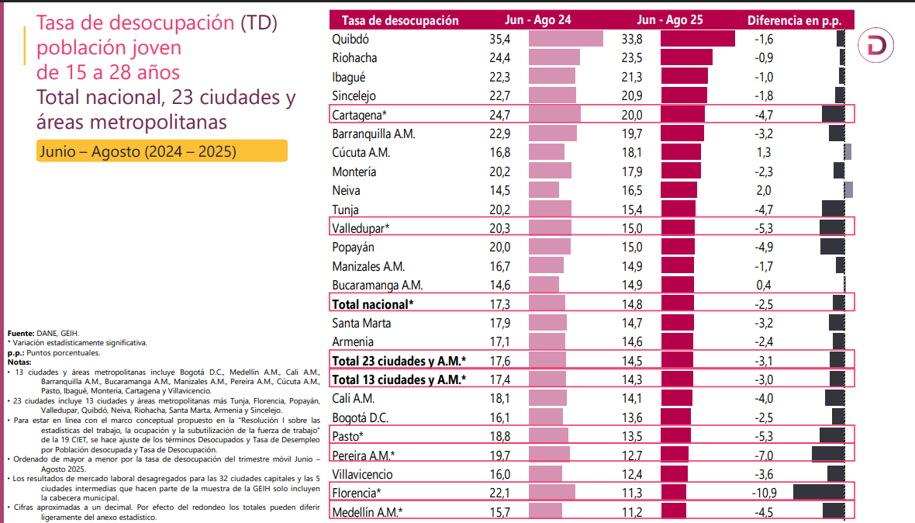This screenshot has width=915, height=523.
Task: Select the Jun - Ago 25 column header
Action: [670, 21]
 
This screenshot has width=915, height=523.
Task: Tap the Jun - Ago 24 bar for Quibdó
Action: [565, 38]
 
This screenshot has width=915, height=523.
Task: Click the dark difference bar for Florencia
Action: [818, 492]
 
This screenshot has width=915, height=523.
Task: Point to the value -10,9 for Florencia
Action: [764, 493]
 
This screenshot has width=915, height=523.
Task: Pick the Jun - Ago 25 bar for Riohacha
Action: [686, 57]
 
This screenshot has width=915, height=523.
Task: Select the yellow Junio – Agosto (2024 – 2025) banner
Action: [161, 151]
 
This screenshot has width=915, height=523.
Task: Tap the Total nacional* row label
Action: [373, 303]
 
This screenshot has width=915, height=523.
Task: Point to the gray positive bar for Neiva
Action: [848, 190]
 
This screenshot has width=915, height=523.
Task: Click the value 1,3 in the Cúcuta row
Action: [763, 152]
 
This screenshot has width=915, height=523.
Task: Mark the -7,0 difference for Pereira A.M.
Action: [764, 455]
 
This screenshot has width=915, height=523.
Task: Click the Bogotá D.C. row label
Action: [361, 417]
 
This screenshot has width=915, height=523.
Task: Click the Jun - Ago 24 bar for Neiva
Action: [543, 190]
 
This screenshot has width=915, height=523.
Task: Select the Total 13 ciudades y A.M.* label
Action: [399, 379]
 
